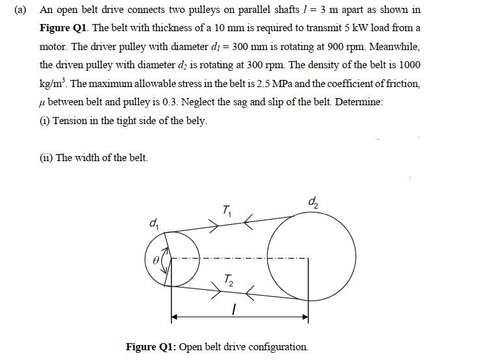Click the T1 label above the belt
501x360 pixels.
[226, 210]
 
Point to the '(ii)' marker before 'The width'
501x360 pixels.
[46, 158]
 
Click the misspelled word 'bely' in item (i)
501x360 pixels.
[196, 122]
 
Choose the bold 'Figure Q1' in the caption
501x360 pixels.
[150, 346]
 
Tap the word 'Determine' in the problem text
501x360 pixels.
[359, 103]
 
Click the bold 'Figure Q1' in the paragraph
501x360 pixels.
[64, 29]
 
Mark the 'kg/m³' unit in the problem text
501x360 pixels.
[54, 84]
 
